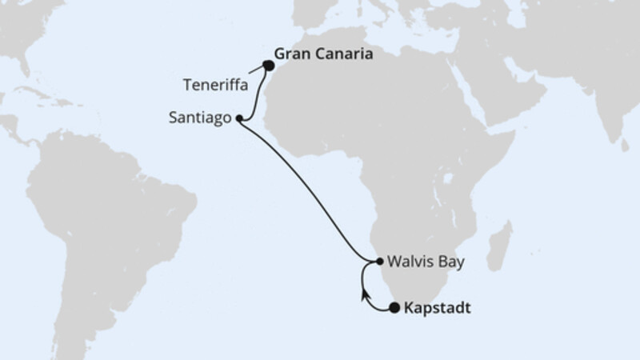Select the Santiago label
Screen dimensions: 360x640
point(202,118)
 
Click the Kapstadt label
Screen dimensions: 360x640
point(436,307)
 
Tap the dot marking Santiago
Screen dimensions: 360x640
point(239,118)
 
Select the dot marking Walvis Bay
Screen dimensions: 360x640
point(379,262)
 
